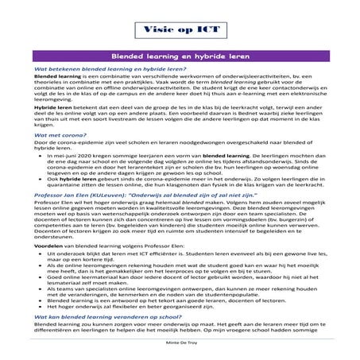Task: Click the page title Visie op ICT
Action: [x=180, y=32]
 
